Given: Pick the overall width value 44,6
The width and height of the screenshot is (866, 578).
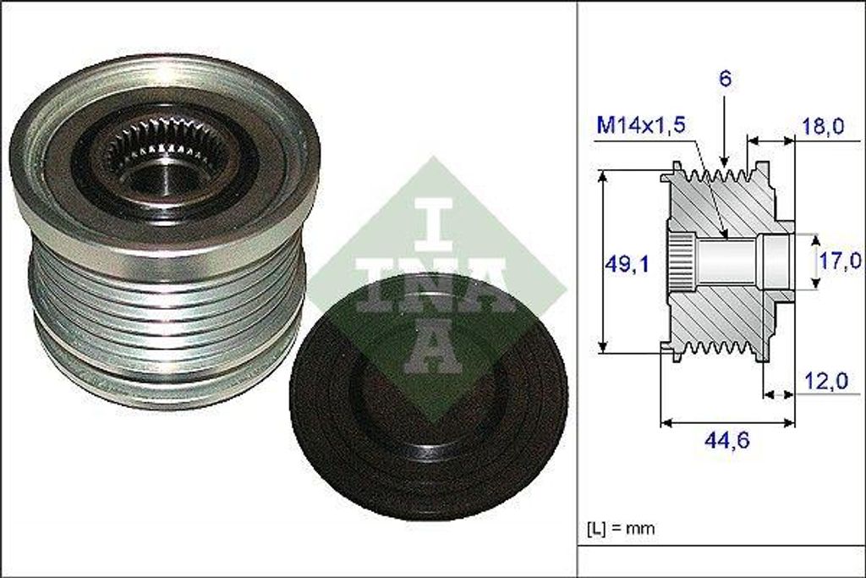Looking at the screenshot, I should coord(727,439).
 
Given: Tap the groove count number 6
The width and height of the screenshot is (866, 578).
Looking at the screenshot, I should coord(726,79).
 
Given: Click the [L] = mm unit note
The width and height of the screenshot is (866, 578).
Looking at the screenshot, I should coord(621,529).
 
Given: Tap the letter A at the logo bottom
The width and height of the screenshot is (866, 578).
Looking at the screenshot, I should coord(432,347).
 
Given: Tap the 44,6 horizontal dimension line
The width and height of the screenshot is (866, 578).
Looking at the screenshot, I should coord(727,421).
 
